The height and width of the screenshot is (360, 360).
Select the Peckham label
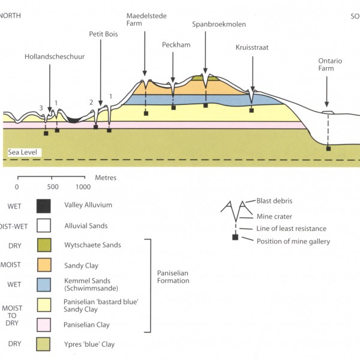[x=173, y=44]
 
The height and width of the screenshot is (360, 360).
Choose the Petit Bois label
[x=103, y=34]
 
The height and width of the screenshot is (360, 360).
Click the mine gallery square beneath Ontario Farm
[x=328, y=148]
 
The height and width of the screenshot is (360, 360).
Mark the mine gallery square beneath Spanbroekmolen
[x=205, y=105]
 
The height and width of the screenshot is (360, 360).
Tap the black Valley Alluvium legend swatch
[x=43, y=206]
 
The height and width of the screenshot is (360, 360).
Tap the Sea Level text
[x=22, y=153]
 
